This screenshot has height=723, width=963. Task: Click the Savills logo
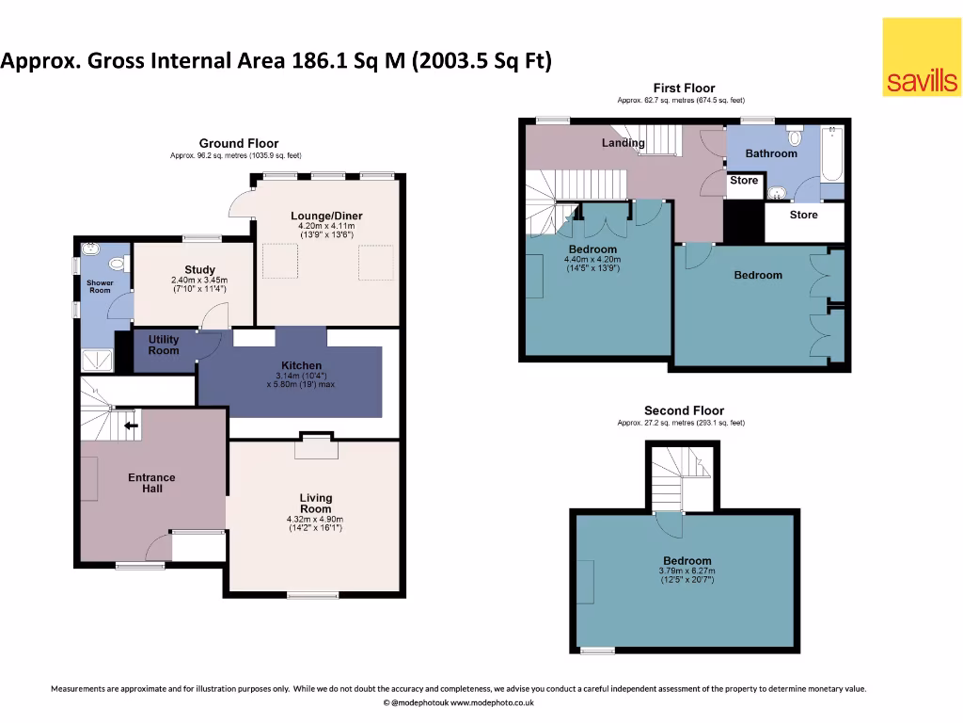[x=922, y=58]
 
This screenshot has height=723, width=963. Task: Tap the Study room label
[x=199, y=270]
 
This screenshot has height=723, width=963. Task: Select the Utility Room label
[x=164, y=345]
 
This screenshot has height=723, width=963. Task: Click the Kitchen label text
[x=302, y=365]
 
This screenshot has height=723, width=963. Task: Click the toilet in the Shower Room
[x=90, y=250]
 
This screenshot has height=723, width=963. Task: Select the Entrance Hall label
[x=151, y=483]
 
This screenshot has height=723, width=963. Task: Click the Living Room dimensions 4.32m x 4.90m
[x=315, y=520]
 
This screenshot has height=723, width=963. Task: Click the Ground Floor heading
[x=238, y=144]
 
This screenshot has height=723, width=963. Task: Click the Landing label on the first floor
[x=624, y=143]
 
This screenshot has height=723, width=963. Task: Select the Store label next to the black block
[x=803, y=215]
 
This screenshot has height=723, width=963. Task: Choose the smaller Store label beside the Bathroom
[x=744, y=181]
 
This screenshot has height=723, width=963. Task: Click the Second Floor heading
[x=684, y=410]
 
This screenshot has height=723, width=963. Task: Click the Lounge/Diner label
[x=326, y=216]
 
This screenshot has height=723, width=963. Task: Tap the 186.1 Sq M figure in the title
[x=349, y=62]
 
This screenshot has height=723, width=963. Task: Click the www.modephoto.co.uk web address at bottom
[x=493, y=703]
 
